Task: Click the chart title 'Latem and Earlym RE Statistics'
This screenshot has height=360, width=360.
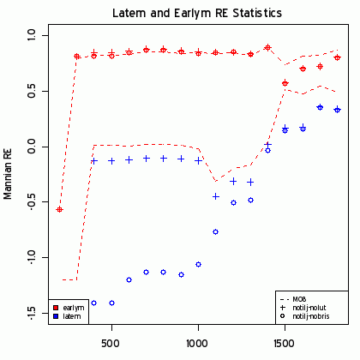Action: [x=197, y=15]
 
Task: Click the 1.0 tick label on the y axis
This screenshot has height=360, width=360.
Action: [x=32, y=36]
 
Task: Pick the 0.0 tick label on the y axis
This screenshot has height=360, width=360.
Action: [x=32, y=147]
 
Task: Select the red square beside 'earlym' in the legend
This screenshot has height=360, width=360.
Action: [x=56, y=307]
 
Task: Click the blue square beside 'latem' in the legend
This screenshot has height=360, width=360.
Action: [x=56, y=316]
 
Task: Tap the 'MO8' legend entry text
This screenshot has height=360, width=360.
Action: [x=300, y=298]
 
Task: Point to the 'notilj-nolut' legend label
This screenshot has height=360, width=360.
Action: [x=309, y=308]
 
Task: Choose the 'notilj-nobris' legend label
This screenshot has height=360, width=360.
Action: [x=310, y=317]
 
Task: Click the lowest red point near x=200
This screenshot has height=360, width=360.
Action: [x=59, y=209]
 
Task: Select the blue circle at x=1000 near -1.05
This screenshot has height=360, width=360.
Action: [x=198, y=264]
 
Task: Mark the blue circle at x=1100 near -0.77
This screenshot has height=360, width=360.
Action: [x=215, y=231]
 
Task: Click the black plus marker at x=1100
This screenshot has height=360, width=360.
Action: [x=215, y=196]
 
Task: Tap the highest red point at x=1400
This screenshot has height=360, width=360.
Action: [x=267, y=47]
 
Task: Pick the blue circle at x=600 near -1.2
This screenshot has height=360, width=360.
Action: [x=129, y=279]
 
